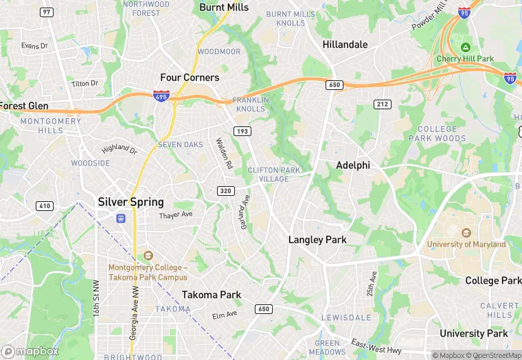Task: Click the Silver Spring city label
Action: click(130, 202)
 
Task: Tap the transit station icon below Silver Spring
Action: click(121, 218)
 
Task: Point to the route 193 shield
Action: click(242, 131)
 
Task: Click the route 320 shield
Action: click(225, 190)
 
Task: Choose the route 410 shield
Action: click(45, 205)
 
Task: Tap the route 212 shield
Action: click(383, 104)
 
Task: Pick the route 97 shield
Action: click(47, 12)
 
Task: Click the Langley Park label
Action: click(317, 240)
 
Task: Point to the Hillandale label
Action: click(345, 45)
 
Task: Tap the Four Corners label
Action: click(190, 78)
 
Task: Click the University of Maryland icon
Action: click(466, 233)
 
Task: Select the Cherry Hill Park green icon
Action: click(466, 47)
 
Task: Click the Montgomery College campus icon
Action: click(147, 256)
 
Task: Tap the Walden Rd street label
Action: click(224, 154)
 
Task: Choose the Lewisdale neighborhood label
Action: click(347, 318)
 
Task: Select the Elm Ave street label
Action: click(224, 315)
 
